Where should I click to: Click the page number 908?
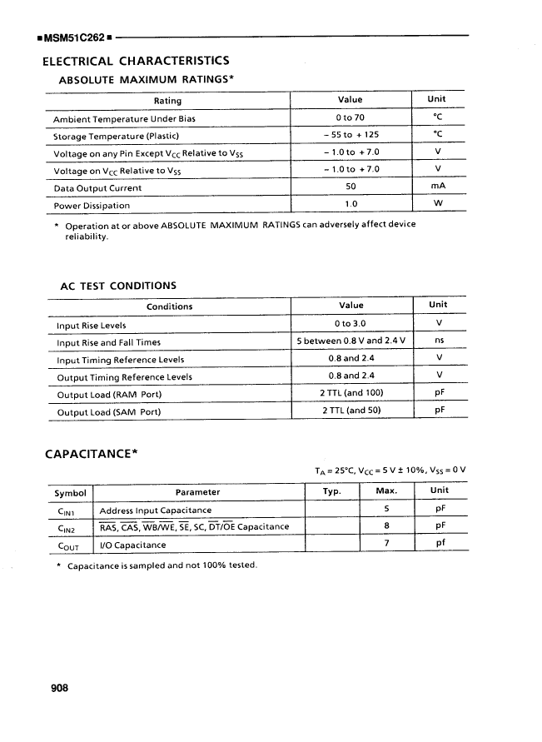pyautogui.click(x=54, y=688)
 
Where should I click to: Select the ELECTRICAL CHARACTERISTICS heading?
pyautogui.click(x=136, y=61)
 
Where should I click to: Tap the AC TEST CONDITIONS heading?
pyautogui.click(x=118, y=286)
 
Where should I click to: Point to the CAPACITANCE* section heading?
pyautogui.click(x=91, y=454)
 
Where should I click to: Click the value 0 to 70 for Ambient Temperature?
pyautogui.click(x=351, y=117)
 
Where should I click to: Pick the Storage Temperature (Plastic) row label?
pyautogui.click(x=117, y=136)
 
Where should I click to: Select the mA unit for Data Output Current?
pyautogui.click(x=438, y=187)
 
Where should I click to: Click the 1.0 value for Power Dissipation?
pyautogui.click(x=351, y=205)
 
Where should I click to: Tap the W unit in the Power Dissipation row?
pyautogui.click(x=438, y=205)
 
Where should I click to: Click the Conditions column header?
pyautogui.click(x=169, y=306)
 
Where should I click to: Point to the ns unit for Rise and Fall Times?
pyautogui.click(x=439, y=341)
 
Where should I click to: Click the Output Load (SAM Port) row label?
pyautogui.click(x=109, y=412)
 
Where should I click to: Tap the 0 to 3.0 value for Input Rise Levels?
pyautogui.click(x=351, y=324)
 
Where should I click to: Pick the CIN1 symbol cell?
pyautogui.click(x=67, y=510)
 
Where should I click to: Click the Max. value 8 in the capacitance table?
pyautogui.click(x=387, y=526)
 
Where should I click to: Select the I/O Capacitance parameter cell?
pyautogui.click(x=132, y=545)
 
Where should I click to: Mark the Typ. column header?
pyautogui.click(x=332, y=491)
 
